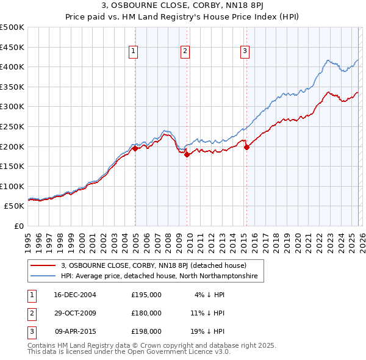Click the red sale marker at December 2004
135,148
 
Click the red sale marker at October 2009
187,154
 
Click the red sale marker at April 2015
246,147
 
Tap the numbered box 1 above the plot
133,52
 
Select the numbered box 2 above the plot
184,52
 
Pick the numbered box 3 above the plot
244,52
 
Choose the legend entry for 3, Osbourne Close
153,266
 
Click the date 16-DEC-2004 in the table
75,295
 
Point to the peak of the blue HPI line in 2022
328,60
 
